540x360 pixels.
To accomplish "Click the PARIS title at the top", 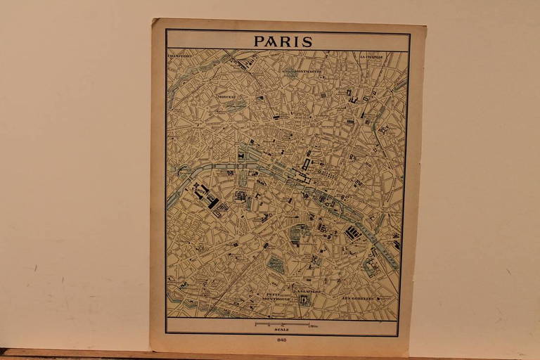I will (283, 41).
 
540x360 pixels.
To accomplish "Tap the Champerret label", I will (181, 54).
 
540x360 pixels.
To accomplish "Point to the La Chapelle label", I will (371, 56).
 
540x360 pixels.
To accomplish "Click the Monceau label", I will (226, 96).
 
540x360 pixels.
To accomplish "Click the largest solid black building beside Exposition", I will (211, 202).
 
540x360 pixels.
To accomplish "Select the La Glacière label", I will (307, 290).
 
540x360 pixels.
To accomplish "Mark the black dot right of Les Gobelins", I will (379, 297).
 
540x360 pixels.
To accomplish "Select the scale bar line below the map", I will (282, 324).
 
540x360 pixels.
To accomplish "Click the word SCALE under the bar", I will (282, 330).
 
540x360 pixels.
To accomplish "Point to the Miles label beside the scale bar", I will (314, 324).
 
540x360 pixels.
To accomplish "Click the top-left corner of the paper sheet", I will (153, 20).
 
